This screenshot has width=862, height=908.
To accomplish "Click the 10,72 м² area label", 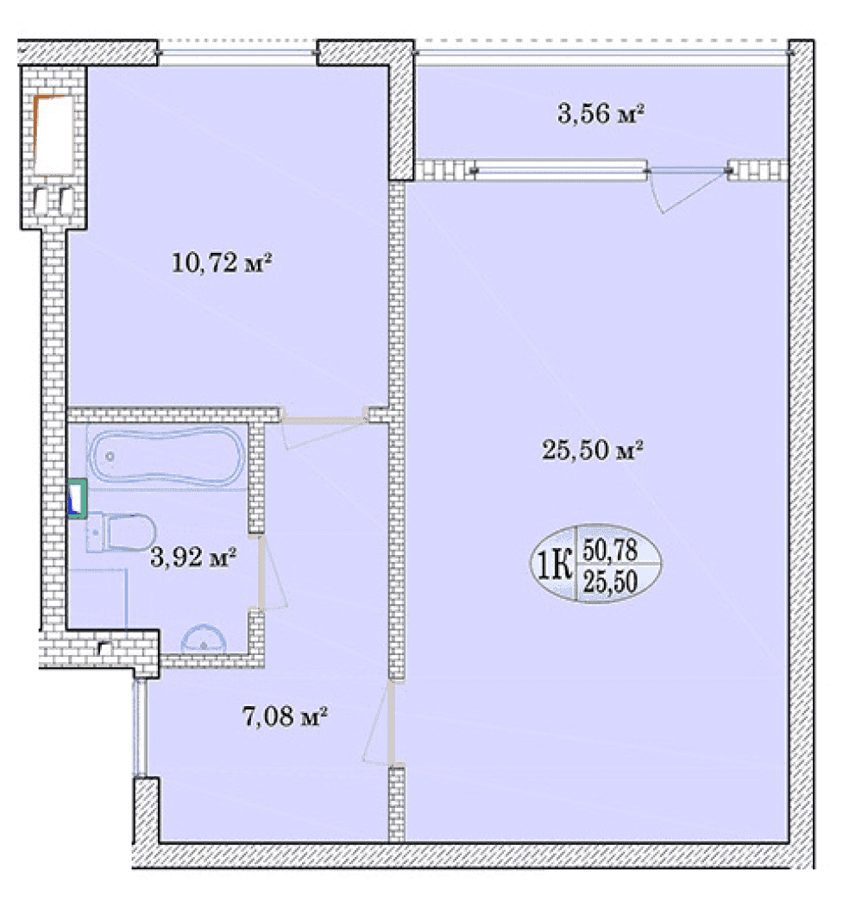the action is [x=221, y=263].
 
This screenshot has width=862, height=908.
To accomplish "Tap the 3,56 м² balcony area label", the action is [x=601, y=113].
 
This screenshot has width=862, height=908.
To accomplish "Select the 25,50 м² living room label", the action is [x=593, y=450].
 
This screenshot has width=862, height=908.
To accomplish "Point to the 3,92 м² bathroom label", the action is [x=192, y=557].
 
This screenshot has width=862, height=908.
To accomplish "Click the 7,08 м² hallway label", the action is [x=285, y=717].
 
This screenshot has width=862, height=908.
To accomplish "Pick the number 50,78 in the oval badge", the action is [x=610, y=550].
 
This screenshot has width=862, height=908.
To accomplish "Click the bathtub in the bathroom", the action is [x=167, y=457].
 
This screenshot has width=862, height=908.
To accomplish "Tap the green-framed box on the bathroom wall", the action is [x=78, y=499].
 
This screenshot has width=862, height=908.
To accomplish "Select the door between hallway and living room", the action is [x=392, y=722].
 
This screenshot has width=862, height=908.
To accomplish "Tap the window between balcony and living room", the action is [x=560, y=170].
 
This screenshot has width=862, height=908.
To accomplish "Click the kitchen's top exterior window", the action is [x=237, y=53].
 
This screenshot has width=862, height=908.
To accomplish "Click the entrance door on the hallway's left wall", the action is [x=140, y=728].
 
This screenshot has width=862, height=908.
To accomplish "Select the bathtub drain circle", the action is [x=110, y=457].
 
